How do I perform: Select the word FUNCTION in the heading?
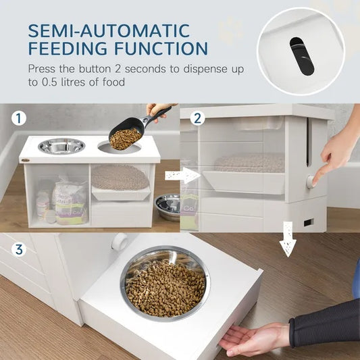click(165, 49)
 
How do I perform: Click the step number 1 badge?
click(19, 119)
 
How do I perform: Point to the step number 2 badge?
click(198, 118)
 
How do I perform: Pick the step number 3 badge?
click(19, 249)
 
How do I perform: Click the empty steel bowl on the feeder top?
click(62, 146)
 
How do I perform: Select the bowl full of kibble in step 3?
click(165, 284)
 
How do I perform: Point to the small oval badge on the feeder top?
click(26, 159)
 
